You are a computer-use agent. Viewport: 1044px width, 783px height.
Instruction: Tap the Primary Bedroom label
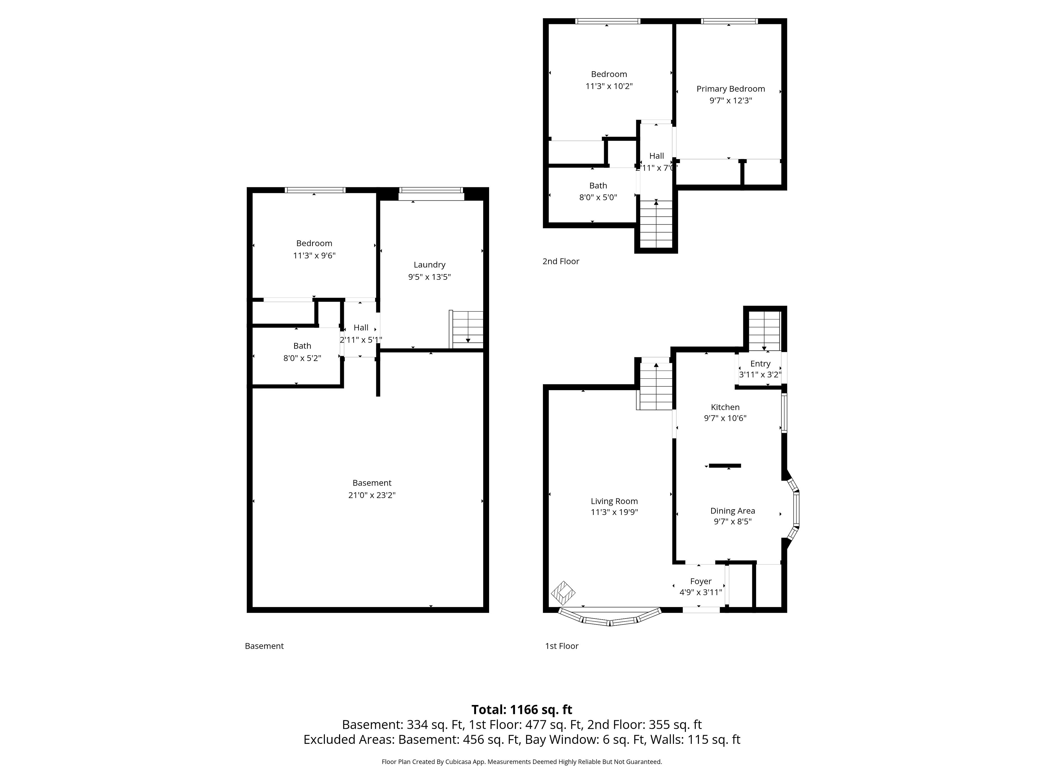pyautogui.click(x=730, y=89)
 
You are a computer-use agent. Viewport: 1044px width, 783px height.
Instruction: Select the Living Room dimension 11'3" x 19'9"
pyautogui.click(x=614, y=512)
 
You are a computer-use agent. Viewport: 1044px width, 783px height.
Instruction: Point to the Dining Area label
pyautogui.click(x=732, y=511)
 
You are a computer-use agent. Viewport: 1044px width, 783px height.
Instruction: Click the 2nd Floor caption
pyautogui.click(x=561, y=261)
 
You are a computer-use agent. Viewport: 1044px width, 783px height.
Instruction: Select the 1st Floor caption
pyautogui.click(x=562, y=646)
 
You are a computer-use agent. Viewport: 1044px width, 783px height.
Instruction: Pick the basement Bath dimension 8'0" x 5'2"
pyautogui.click(x=302, y=358)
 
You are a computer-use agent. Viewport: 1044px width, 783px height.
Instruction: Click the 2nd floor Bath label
pyautogui.click(x=598, y=185)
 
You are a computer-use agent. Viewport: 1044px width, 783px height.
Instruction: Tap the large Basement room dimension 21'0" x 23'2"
pyautogui.click(x=372, y=495)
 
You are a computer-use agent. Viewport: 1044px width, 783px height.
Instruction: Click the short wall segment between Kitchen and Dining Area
pyautogui.click(x=725, y=466)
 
